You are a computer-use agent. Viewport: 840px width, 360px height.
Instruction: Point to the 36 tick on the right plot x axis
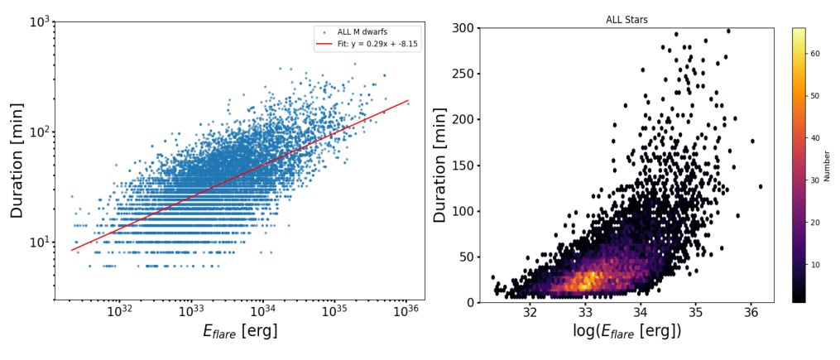click(x=751, y=314)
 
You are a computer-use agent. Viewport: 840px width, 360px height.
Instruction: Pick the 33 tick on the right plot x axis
click(x=585, y=314)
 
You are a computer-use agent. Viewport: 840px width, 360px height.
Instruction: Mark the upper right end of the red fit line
click(x=409, y=100)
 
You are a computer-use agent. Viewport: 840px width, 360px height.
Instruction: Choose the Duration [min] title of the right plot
click(x=440, y=165)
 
